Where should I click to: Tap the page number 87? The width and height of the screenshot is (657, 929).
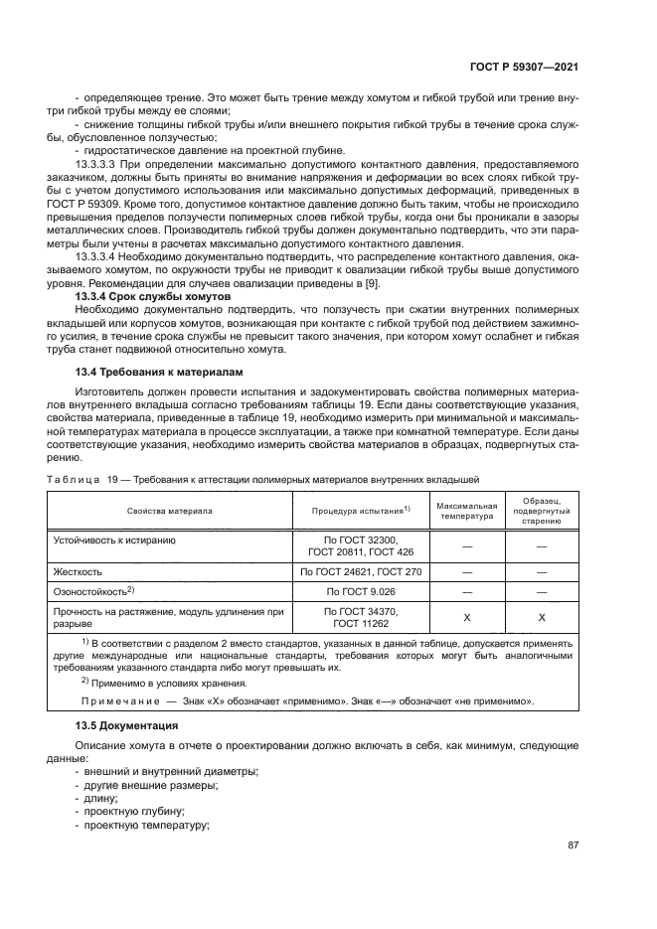573,846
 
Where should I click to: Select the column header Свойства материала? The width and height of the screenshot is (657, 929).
169,511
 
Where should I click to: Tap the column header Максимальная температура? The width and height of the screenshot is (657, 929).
467,511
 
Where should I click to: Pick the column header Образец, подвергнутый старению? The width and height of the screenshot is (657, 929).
542,511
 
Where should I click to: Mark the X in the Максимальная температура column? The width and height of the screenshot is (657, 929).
467,618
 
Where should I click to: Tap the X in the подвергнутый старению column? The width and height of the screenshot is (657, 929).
542,618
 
